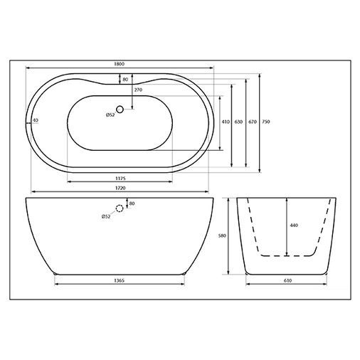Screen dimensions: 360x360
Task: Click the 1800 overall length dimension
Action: [120, 64]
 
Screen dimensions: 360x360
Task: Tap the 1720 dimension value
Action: [120, 188]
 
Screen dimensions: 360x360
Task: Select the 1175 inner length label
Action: [120, 179]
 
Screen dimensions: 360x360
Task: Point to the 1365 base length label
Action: [120, 280]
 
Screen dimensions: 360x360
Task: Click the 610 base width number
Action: [287, 280]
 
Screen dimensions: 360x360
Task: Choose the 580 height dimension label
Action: [222, 235]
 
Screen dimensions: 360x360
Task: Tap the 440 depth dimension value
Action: [294, 226]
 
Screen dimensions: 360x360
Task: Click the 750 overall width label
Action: [266, 122]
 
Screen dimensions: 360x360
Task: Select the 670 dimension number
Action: [253, 122]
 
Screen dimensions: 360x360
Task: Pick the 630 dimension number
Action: [238, 122]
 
